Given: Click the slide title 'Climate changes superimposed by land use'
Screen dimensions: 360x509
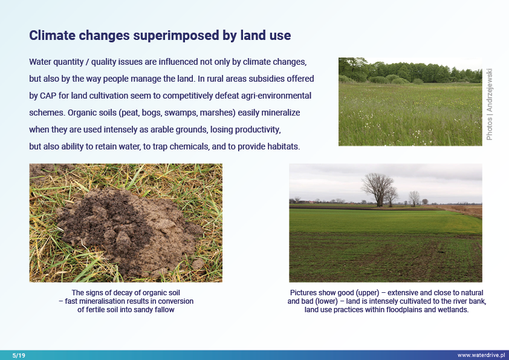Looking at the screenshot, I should (x=160, y=36).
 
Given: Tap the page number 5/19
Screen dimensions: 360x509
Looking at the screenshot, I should (x=19, y=355).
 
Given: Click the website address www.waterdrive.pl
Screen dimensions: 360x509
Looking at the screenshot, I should (x=482, y=355).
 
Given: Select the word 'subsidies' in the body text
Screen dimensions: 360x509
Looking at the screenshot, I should (x=242, y=79).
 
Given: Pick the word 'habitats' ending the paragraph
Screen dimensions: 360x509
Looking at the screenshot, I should (x=282, y=146).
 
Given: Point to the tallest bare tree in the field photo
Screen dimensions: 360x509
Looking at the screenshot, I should (x=378, y=188).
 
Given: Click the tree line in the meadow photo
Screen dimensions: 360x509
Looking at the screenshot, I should (x=411, y=71).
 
